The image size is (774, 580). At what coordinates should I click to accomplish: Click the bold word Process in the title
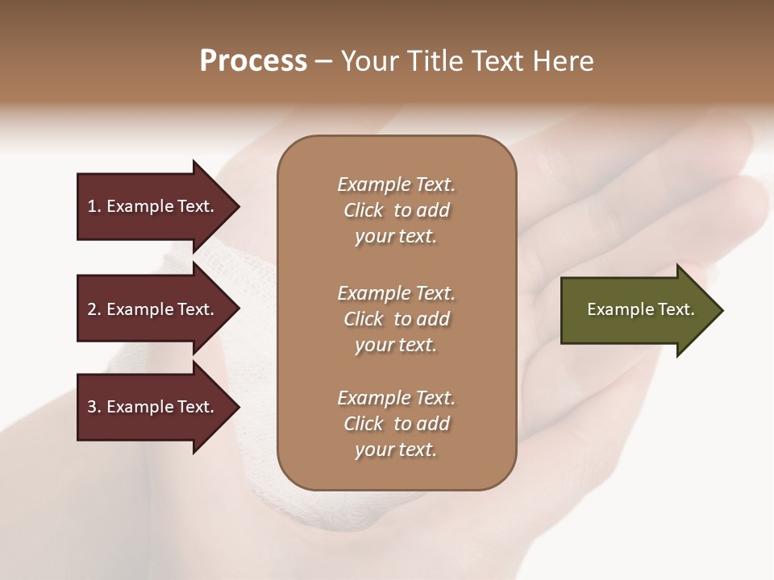[253, 61]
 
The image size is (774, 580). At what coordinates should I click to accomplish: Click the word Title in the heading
[431, 61]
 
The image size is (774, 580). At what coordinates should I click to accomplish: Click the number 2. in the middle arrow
[94, 309]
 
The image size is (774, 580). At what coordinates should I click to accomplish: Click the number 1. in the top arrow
[94, 206]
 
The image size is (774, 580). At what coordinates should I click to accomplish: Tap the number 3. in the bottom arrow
[94, 407]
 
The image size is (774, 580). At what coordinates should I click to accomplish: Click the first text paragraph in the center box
[396, 210]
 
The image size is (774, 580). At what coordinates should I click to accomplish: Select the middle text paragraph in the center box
[396, 319]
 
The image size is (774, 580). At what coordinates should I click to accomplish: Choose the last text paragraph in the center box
[396, 424]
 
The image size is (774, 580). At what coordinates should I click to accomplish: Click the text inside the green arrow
[640, 309]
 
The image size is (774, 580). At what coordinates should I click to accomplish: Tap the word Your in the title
[368, 61]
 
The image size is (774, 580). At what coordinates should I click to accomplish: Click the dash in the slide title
[323, 62]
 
